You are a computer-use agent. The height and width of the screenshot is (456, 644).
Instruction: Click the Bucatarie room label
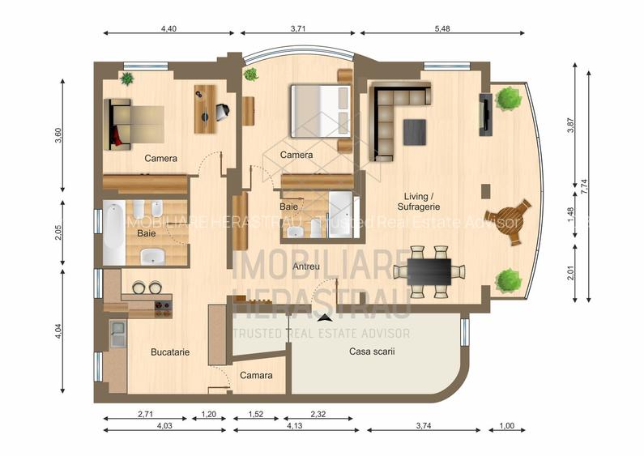click(170, 352)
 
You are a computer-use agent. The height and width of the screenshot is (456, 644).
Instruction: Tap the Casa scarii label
click(372, 352)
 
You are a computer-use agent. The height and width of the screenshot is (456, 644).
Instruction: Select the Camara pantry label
click(256, 375)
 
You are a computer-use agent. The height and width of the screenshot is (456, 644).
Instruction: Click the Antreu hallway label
click(306, 266)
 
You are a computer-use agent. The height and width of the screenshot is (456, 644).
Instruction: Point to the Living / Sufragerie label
click(420, 201)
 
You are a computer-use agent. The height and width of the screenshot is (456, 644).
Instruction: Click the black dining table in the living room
click(429, 270)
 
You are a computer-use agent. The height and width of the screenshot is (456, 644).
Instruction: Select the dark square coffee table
click(414, 132)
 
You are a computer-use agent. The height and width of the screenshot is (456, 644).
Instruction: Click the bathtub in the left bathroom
click(113, 233)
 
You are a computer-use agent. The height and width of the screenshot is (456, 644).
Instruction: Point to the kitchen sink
click(117, 333)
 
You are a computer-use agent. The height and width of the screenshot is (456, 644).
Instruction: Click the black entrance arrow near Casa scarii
click(326, 318)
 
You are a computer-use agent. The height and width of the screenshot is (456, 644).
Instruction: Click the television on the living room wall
click(484, 113)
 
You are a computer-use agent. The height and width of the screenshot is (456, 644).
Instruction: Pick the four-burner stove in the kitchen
click(163, 308)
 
